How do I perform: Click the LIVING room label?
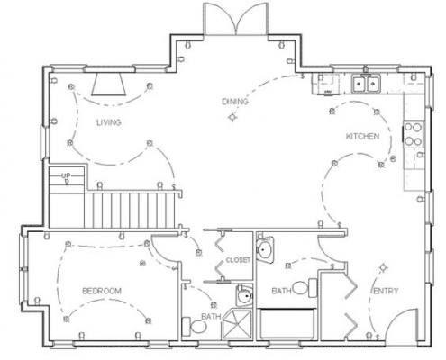pos(109,122)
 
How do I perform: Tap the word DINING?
pos(235,102)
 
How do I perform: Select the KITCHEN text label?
pos(363,137)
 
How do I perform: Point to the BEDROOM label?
pos(102,291)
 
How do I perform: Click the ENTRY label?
pos(386,291)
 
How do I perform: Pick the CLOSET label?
pos(238,260)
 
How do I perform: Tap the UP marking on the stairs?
pos(66,175)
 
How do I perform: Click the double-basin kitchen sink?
pos(366,84)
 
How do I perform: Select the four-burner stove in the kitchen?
pos(413,134)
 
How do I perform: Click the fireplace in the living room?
pos(109,85)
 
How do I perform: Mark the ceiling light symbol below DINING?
pos(232,117)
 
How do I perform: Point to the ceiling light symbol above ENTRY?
pos(383,267)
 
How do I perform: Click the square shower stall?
pos(236,325)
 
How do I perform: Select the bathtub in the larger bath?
pos(287,324)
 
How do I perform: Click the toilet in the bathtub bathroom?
pos(305,288)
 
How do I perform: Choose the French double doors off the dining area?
pos(235,19)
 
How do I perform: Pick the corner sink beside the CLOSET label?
pos(265,248)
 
